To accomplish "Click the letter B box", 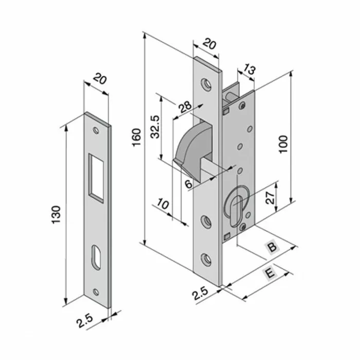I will [x=273, y=247].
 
